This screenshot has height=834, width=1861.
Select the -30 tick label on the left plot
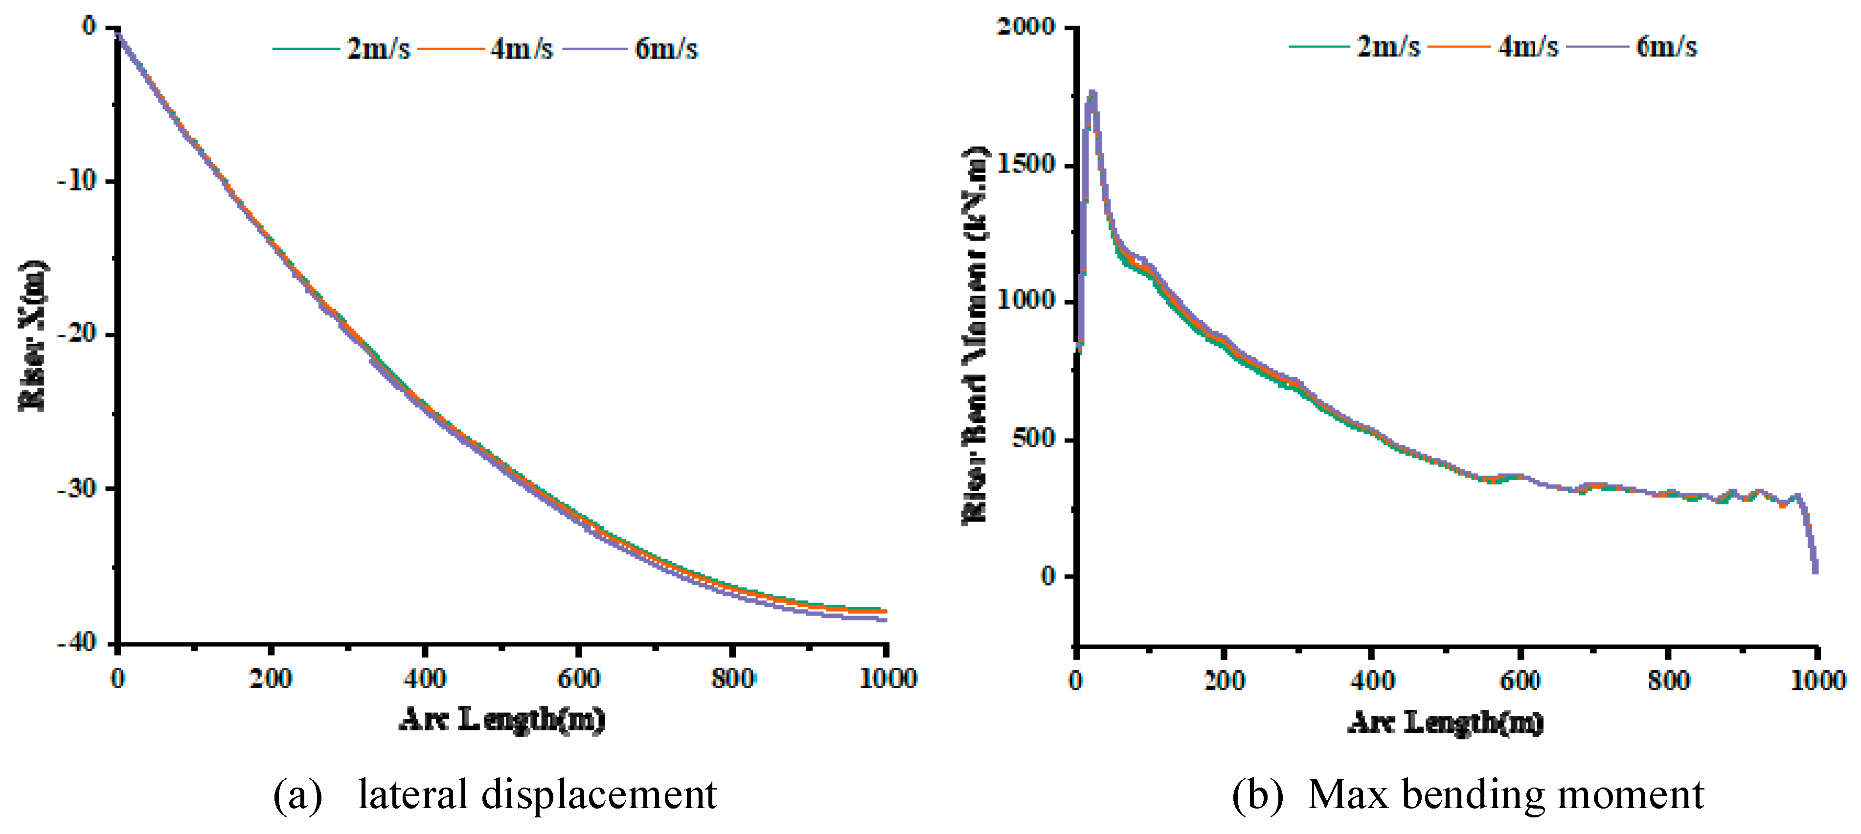(77, 489)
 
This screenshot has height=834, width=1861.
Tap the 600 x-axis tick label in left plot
(579, 679)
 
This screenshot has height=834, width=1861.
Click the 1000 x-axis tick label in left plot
(887, 679)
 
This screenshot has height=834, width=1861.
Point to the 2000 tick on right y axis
(1026, 27)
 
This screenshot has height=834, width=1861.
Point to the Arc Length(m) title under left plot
(502, 719)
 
